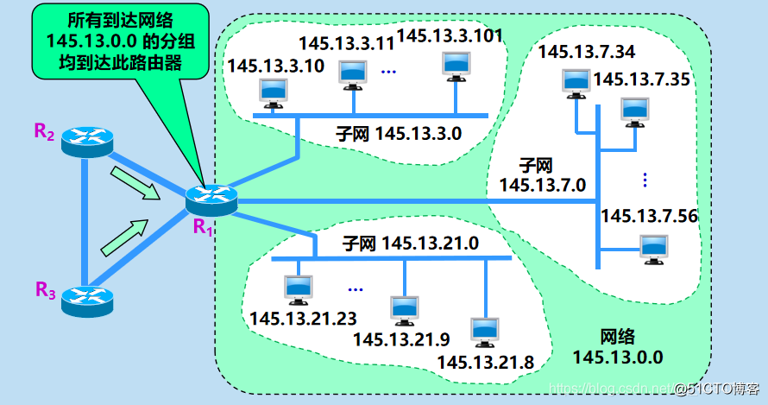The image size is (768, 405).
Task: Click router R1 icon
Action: tap(210, 200)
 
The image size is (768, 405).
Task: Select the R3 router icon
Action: tap(87, 297)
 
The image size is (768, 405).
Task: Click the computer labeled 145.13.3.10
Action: tap(273, 91)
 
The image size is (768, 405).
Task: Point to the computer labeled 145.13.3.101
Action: tap(456, 65)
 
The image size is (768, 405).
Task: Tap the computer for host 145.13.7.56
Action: tap(654, 248)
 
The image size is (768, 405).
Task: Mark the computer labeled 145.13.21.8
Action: tap(482, 332)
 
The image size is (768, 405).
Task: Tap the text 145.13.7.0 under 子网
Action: tap(543, 184)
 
